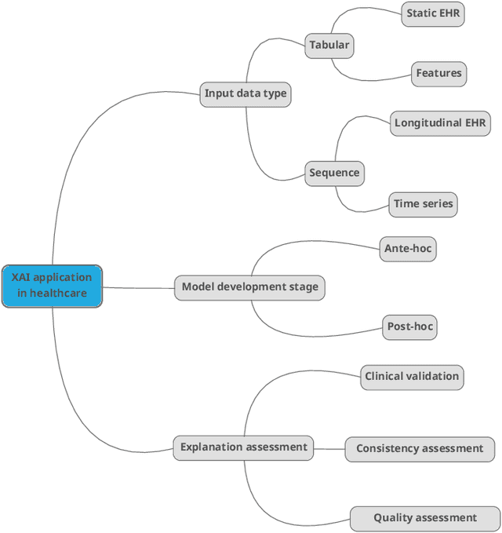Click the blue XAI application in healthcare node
52,286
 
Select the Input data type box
246,93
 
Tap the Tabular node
329,46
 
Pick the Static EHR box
434,13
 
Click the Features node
438,74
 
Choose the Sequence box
334,173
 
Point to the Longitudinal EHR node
440,122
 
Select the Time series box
423,204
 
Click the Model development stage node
249,287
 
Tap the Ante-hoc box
407,249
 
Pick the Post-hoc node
409,327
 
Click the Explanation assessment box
243,447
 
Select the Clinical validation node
412,377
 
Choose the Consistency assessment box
420,449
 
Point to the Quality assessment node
424,518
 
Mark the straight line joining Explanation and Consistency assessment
329,449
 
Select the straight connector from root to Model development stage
138,287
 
